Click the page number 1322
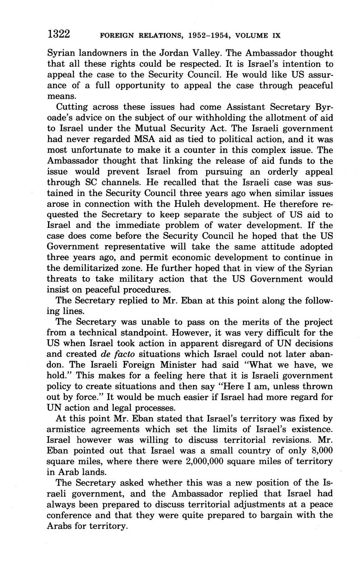pyautogui.click(x=59, y=34)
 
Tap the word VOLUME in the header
pyautogui.click(x=252, y=35)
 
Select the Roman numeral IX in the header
pyautogui.click(x=276, y=35)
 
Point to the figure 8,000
pyautogui.click(x=319, y=449)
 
